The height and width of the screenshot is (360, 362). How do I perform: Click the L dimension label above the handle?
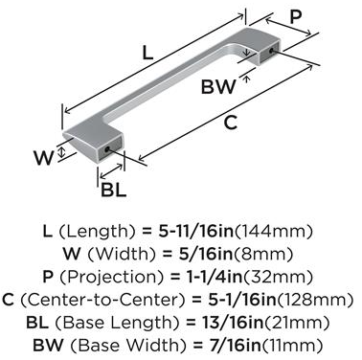point(147,53)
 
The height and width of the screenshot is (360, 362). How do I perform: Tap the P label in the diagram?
point(295,16)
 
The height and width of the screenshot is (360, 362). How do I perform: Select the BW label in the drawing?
point(218,86)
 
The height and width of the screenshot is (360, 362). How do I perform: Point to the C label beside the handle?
point(230,123)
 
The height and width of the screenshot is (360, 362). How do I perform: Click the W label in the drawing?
point(44,157)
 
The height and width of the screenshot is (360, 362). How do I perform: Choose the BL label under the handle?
point(114,190)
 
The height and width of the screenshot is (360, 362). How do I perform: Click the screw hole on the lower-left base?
point(106,148)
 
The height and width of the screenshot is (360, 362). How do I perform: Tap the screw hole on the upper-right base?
point(272,51)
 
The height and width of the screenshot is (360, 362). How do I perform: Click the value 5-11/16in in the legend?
point(196,231)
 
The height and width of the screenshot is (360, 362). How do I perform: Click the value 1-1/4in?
point(214,277)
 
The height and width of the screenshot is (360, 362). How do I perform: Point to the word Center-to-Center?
point(103,300)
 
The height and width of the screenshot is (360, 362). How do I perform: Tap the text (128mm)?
point(315,300)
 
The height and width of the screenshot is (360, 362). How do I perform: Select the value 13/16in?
point(233,323)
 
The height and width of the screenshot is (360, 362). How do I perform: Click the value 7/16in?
point(232,346)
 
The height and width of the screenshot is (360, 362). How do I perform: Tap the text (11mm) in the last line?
point(292,346)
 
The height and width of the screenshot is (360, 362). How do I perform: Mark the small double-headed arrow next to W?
point(62,151)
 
